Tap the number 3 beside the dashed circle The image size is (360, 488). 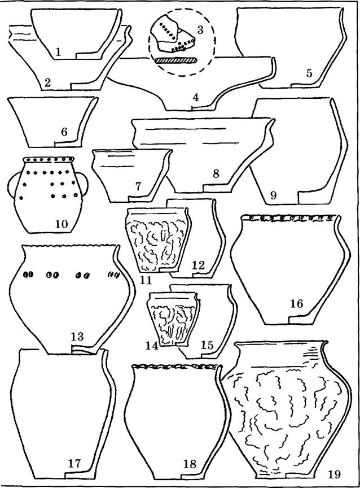[200, 30]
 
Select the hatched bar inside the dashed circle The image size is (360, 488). [177, 60]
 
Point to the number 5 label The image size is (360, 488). [309, 73]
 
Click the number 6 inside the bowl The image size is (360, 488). [64, 132]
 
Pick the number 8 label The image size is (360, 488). [216, 173]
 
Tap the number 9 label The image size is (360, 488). [273, 195]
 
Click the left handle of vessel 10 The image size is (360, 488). [14, 185]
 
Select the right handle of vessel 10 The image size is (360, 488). [84, 185]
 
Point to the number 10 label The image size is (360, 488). [62, 224]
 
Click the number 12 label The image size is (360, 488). [199, 265]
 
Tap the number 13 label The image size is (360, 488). [77, 337]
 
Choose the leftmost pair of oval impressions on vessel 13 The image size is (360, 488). [28, 274]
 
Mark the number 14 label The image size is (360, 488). [152, 346]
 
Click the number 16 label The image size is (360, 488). [297, 303]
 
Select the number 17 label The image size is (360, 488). [74, 463]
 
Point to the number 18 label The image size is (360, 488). [190, 464]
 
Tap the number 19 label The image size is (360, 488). [334, 474]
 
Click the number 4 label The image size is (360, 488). [196, 97]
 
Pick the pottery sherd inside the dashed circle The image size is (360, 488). [173, 35]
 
